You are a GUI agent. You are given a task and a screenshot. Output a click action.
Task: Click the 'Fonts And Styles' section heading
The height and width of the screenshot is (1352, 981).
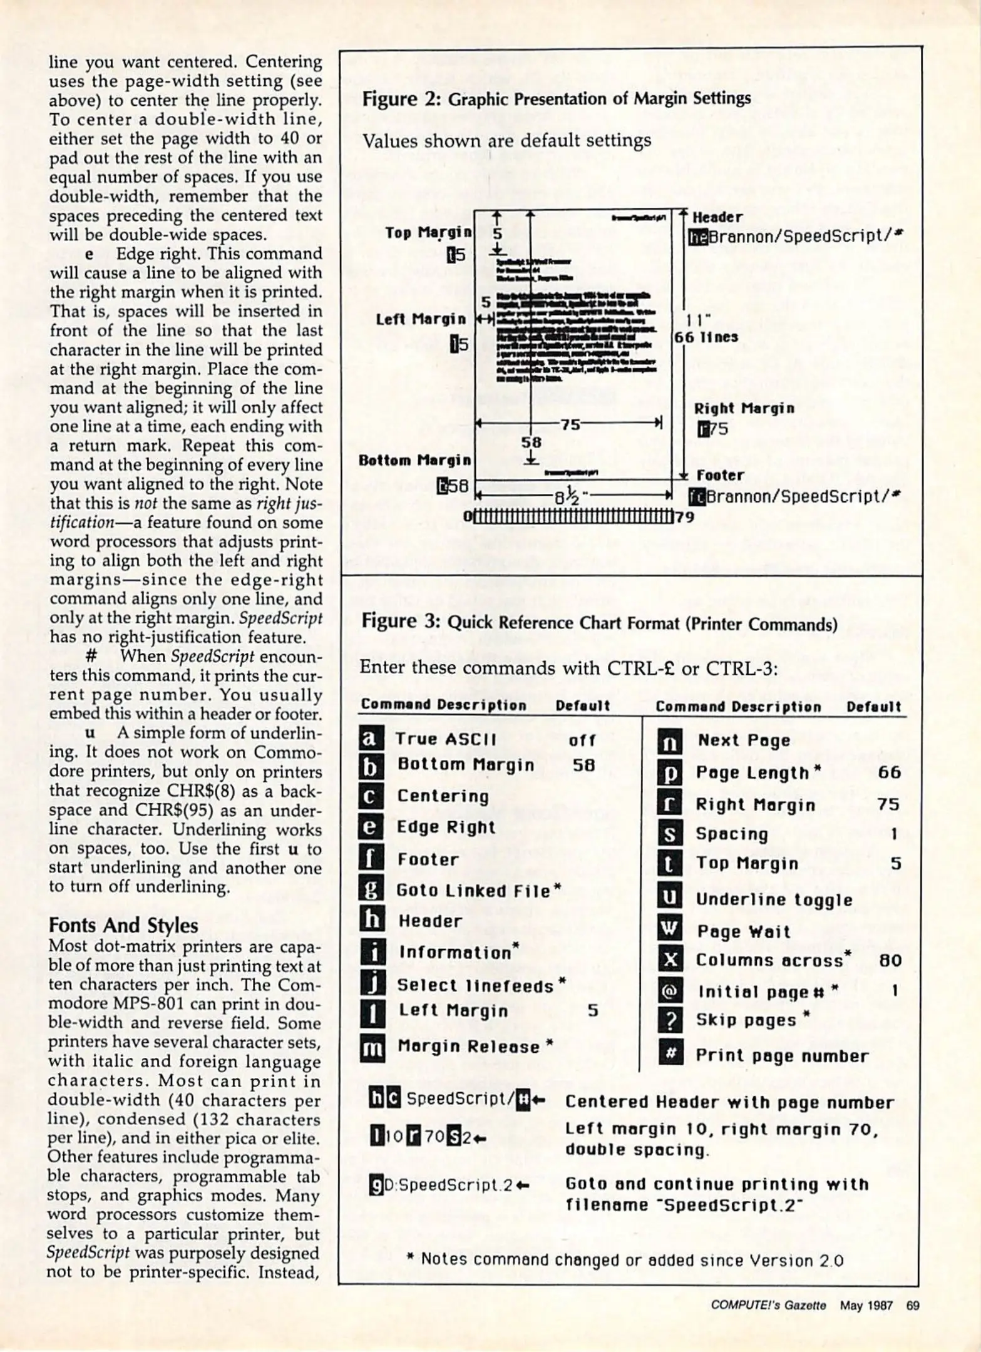tap(123, 925)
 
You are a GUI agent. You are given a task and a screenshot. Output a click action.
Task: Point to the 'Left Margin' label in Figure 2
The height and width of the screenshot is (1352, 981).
tap(421, 319)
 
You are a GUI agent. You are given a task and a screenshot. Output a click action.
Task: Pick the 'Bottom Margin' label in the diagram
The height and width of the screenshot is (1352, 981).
tap(414, 461)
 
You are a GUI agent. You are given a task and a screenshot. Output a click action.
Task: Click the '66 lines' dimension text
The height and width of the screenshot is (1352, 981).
tap(706, 337)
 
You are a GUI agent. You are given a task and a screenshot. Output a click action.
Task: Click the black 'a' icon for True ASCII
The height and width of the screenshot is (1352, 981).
tap(370, 739)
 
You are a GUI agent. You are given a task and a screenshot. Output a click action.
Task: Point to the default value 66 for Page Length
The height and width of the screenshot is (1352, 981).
tap(889, 772)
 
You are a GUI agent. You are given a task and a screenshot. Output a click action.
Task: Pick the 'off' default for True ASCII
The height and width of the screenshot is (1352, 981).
tap(582, 740)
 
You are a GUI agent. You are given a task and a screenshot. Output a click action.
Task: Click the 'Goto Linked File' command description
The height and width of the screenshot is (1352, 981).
tap(474, 891)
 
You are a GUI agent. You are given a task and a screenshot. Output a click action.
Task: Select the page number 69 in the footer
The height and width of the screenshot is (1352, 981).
tap(912, 1306)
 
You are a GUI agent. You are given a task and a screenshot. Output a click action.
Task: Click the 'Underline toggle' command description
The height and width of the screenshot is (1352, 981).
tap(774, 899)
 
